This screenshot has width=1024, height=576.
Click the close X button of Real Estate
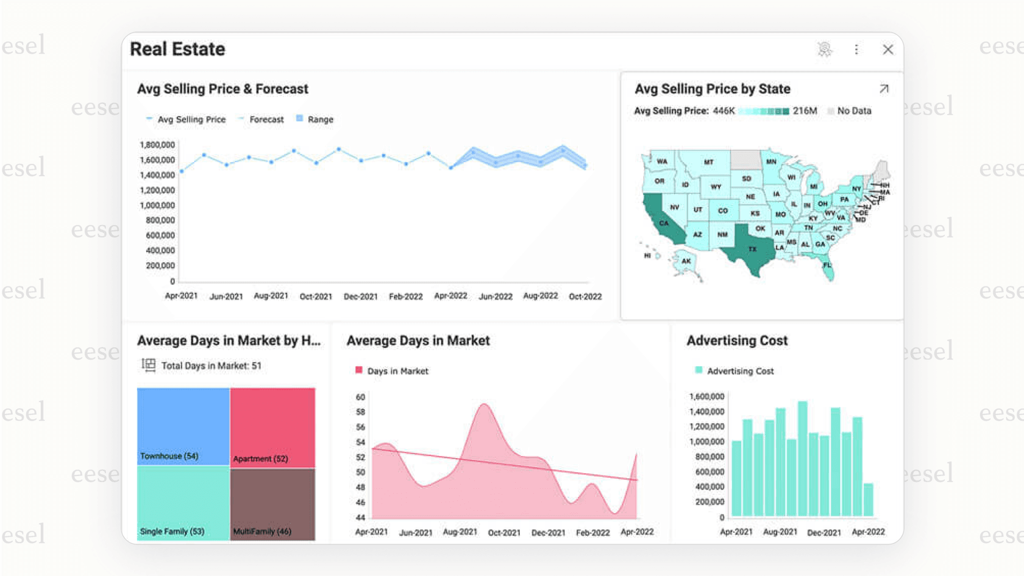[x=887, y=49]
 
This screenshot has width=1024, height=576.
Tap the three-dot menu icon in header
[x=856, y=49]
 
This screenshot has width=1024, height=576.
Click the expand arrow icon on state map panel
[x=884, y=89]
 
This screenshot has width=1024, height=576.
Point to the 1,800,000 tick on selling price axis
[x=157, y=145]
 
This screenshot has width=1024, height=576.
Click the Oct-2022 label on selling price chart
[x=585, y=296]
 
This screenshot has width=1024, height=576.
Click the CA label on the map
[x=664, y=223]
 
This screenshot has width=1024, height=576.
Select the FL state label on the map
[x=827, y=265]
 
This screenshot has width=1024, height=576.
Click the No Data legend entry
[x=853, y=111]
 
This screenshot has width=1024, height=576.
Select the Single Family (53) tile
[x=183, y=503]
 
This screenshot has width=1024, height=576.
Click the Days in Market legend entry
[x=397, y=371]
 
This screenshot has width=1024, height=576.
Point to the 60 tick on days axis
[x=360, y=397]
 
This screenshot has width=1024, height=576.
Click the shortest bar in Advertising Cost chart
[x=868, y=500]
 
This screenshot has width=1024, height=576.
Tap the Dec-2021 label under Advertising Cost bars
[x=823, y=532]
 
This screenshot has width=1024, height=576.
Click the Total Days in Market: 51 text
[x=211, y=366]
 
